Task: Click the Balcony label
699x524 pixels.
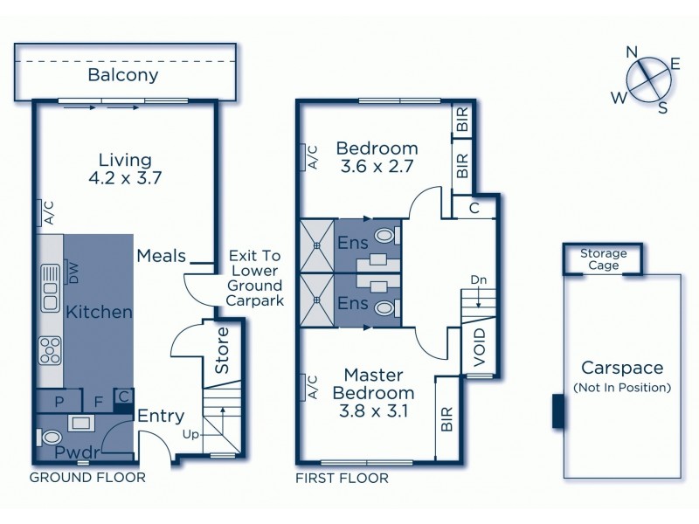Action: pyautogui.click(x=122, y=75)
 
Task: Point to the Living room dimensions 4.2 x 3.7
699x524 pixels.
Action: pyautogui.click(x=125, y=178)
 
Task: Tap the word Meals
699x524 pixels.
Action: pyautogui.click(x=162, y=256)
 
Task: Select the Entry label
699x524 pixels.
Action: pyautogui.click(x=160, y=417)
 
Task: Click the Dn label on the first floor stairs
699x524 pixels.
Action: pyautogui.click(x=478, y=280)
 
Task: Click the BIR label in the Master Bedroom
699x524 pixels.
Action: pyautogui.click(x=446, y=421)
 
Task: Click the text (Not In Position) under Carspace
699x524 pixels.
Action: pyautogui.click(x=621, y=387)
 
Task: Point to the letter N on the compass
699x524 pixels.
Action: pyautogui.click(x=631, y=52)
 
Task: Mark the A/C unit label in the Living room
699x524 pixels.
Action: pyautogui.click(x=49, y=213)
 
